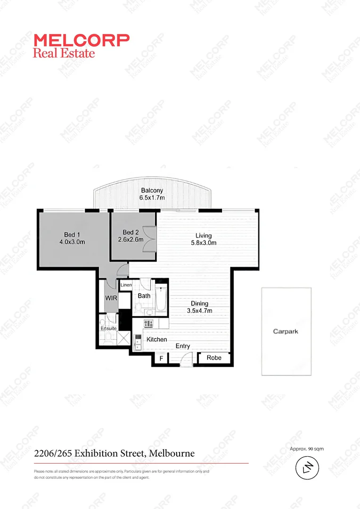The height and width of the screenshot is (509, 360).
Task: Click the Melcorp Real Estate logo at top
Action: tap(81, 45)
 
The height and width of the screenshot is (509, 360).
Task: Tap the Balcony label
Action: tap(152, 190)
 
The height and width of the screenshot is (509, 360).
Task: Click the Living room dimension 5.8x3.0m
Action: tap(204, 243)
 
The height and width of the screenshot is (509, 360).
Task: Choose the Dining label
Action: tap(199, 304)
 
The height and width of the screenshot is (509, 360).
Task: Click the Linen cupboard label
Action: tap(125, 285)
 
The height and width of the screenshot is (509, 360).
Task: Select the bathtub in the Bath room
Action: tap(161, 299)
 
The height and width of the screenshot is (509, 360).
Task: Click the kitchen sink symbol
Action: tap(138, 341)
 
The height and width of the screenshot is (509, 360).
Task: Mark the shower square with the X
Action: tap(123, 338)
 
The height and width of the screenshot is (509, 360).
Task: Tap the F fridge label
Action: tap(161, 359)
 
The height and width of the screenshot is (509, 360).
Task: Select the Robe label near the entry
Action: tap(214, 358)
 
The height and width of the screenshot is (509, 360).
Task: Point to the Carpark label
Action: tap(286, 331)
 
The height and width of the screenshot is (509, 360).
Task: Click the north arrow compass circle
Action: tap(307, 468)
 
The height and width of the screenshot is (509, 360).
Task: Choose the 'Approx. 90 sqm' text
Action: tap(307, 449)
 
